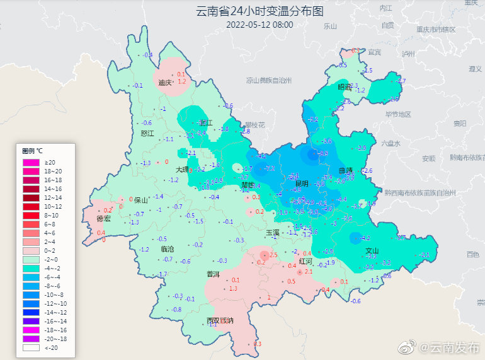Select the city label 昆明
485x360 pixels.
(301, 183)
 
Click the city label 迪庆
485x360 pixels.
(166, 83)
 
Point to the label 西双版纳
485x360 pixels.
(220, 321)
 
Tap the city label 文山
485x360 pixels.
(373, 250)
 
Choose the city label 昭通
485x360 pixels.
(345, 88)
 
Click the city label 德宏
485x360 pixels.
(104, 219)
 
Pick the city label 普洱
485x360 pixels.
(214, 274)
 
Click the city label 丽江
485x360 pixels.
(205, 123)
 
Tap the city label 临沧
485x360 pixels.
(168, 250)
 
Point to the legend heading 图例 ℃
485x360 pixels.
(32, 151)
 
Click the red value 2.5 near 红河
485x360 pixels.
(273, 255)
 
